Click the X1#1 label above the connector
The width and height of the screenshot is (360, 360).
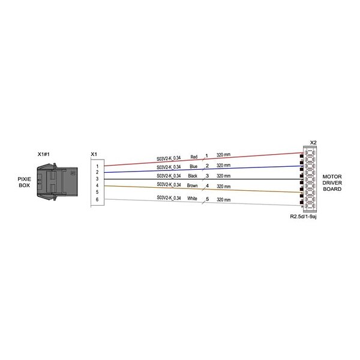(x=44, y=154)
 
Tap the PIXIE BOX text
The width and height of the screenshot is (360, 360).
(x=25, y=182)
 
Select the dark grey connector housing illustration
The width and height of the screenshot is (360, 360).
(x=57, y=182)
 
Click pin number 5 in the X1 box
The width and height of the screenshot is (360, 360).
(x=97, y=192)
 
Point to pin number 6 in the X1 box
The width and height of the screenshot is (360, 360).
(x=97, y=200)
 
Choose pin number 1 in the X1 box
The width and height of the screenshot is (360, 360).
(x=97, y=166)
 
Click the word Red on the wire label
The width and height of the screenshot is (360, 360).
(x=194, y=157)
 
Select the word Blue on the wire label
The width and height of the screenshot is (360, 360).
(x=194, y=166)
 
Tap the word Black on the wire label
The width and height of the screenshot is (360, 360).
(x=193, y=176)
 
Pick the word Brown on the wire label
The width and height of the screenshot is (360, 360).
(x=193, y=185)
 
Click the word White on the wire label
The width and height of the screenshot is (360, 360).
(x=192, y=199)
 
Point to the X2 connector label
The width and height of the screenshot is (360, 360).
(x=313, y=143)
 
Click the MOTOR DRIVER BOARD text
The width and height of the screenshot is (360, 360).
(x=332, y=183)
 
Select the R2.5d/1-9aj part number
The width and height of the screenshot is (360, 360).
(x=303, y=217)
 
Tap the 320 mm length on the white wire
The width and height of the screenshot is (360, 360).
(x=224, y=200)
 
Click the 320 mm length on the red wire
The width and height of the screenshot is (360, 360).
(x=224, y=155)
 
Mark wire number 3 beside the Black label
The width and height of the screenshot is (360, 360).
(x=208, y=176)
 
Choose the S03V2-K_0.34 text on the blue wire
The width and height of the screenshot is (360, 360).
(x=169, y=167)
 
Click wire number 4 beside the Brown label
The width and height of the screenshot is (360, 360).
(x=208, y=185)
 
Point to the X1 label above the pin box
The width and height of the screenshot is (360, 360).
(x=94, y=154)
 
